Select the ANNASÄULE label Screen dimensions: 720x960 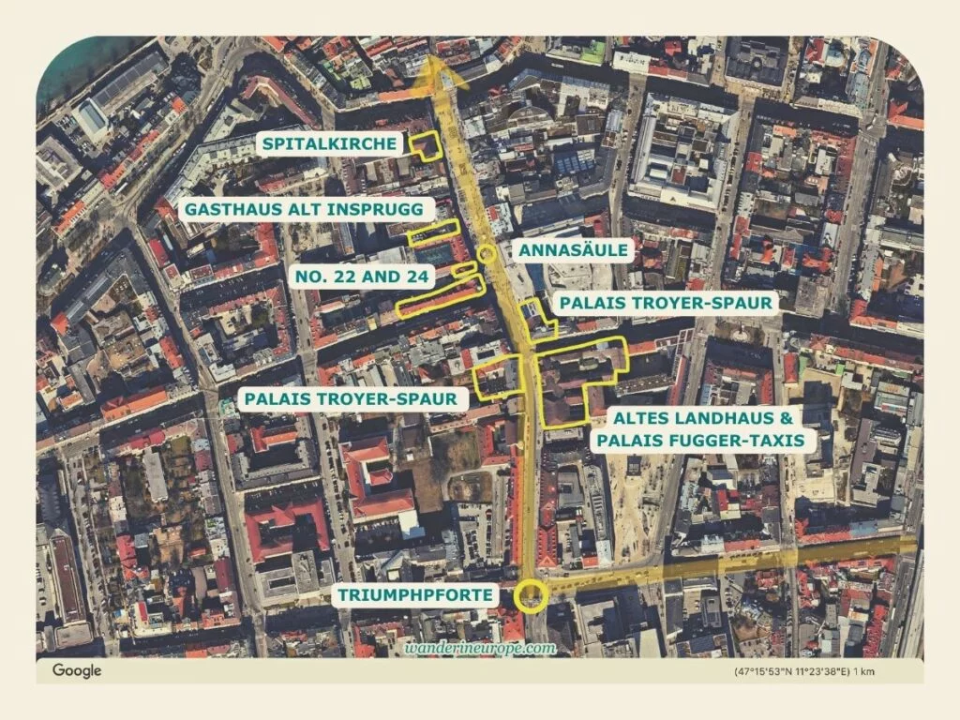point(577,250)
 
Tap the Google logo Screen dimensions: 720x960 point(76,670)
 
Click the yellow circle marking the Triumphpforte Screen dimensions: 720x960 point(532,594)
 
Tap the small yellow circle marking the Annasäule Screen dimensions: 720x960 point(486,252)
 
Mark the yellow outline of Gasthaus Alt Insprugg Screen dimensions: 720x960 point(434,232)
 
